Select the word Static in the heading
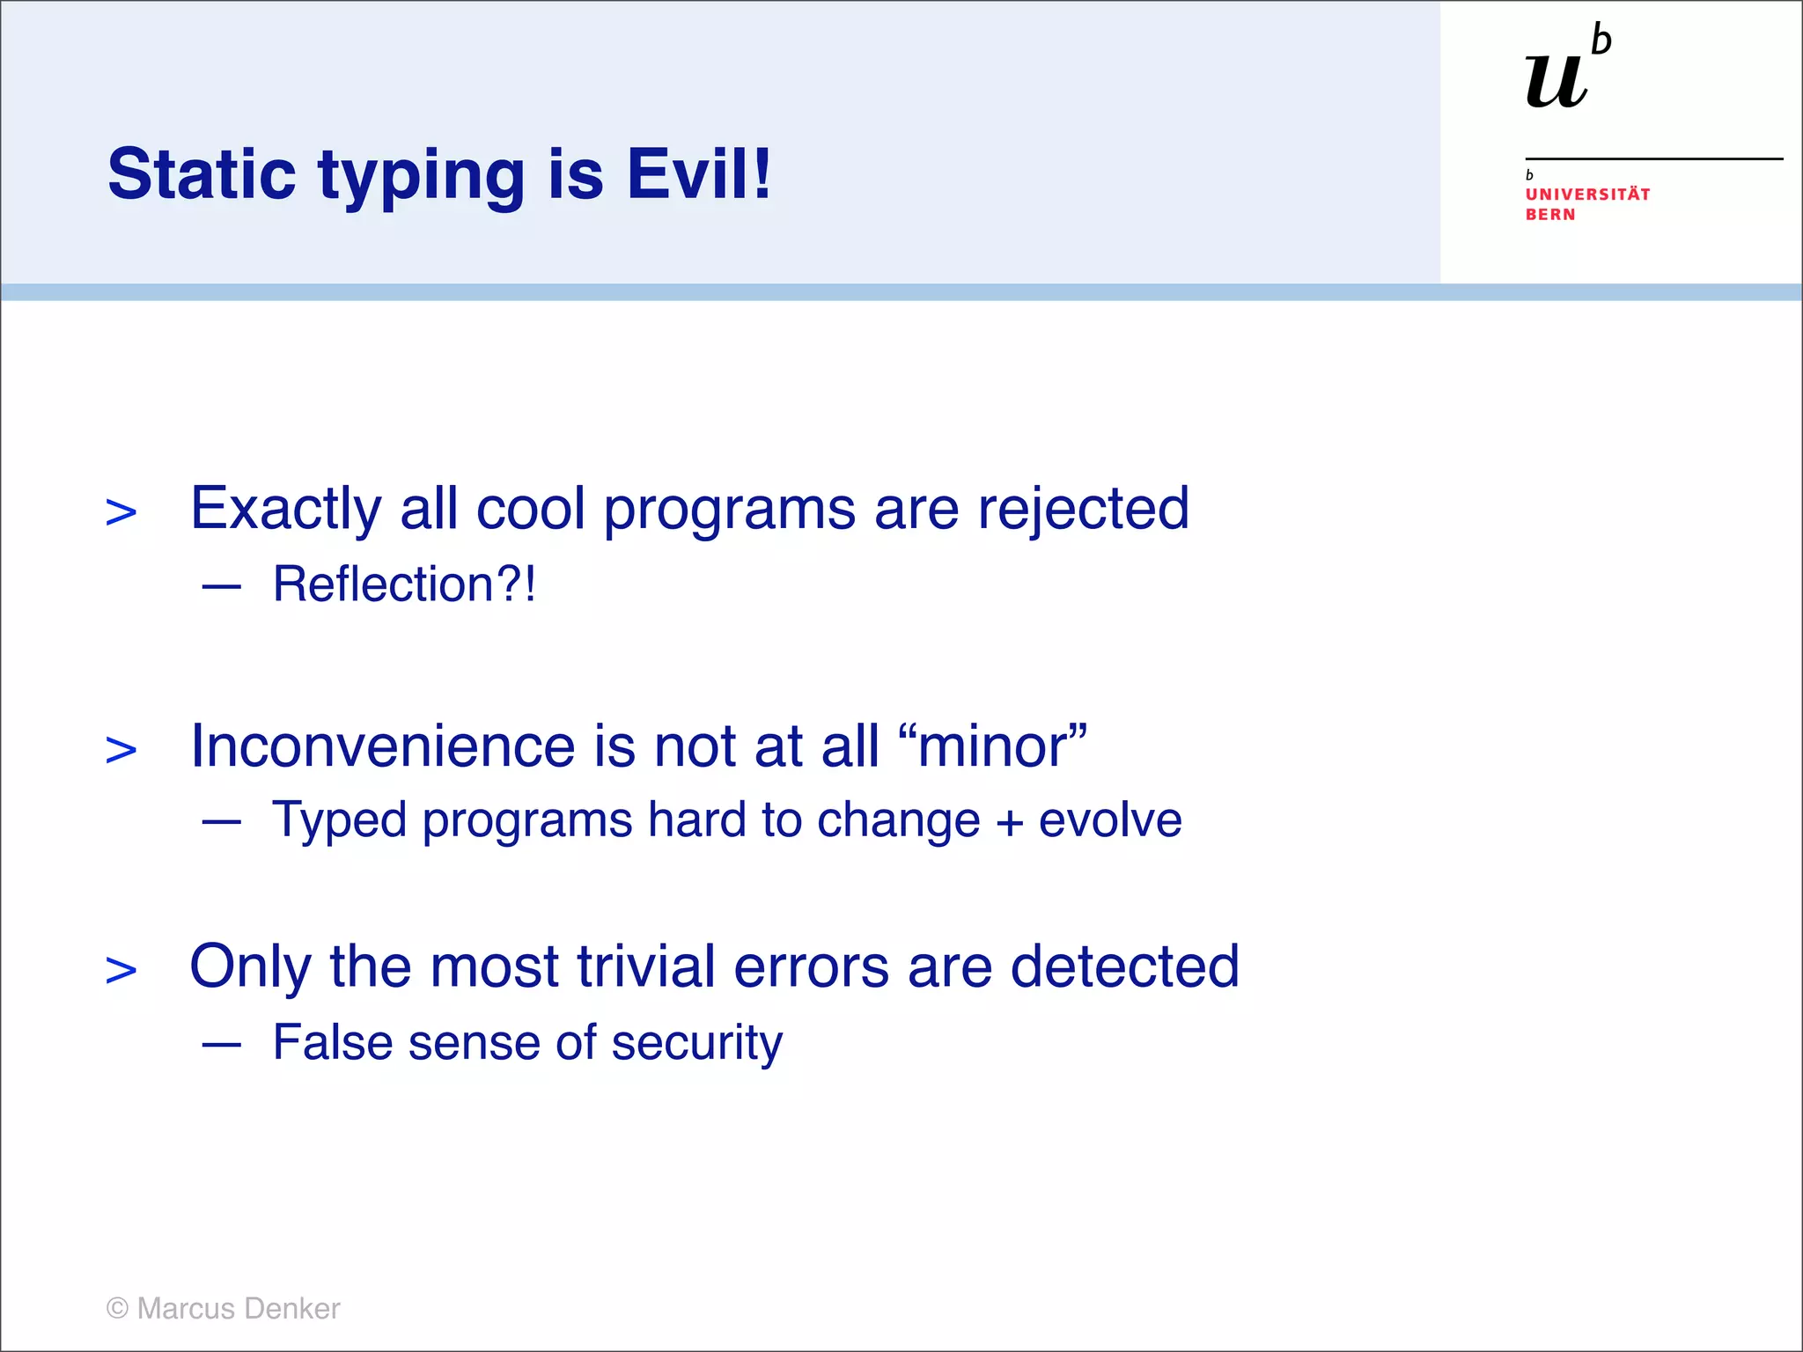pyautogui.click(x=202, y=173)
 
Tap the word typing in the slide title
pyautogui.click(x=422, y=176)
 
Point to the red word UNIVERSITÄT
pyautogui.click(x=1587, y=195)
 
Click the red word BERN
pyautogui.click(x=1550, y=215)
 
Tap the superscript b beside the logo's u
pyautogui.click(x=1601, y=40)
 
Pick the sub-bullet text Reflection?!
pyautogui.click(x=404, y=584)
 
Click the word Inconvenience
pyautogui.click(x=383, y=746)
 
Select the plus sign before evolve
pyautogui.click(x=1010, y=822)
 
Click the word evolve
pyautogui.click(x=1110, y=820)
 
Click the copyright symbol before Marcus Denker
pyautogui.click(x=117, y=1308)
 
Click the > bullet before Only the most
pyautogui.click(x=121, y=971)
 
